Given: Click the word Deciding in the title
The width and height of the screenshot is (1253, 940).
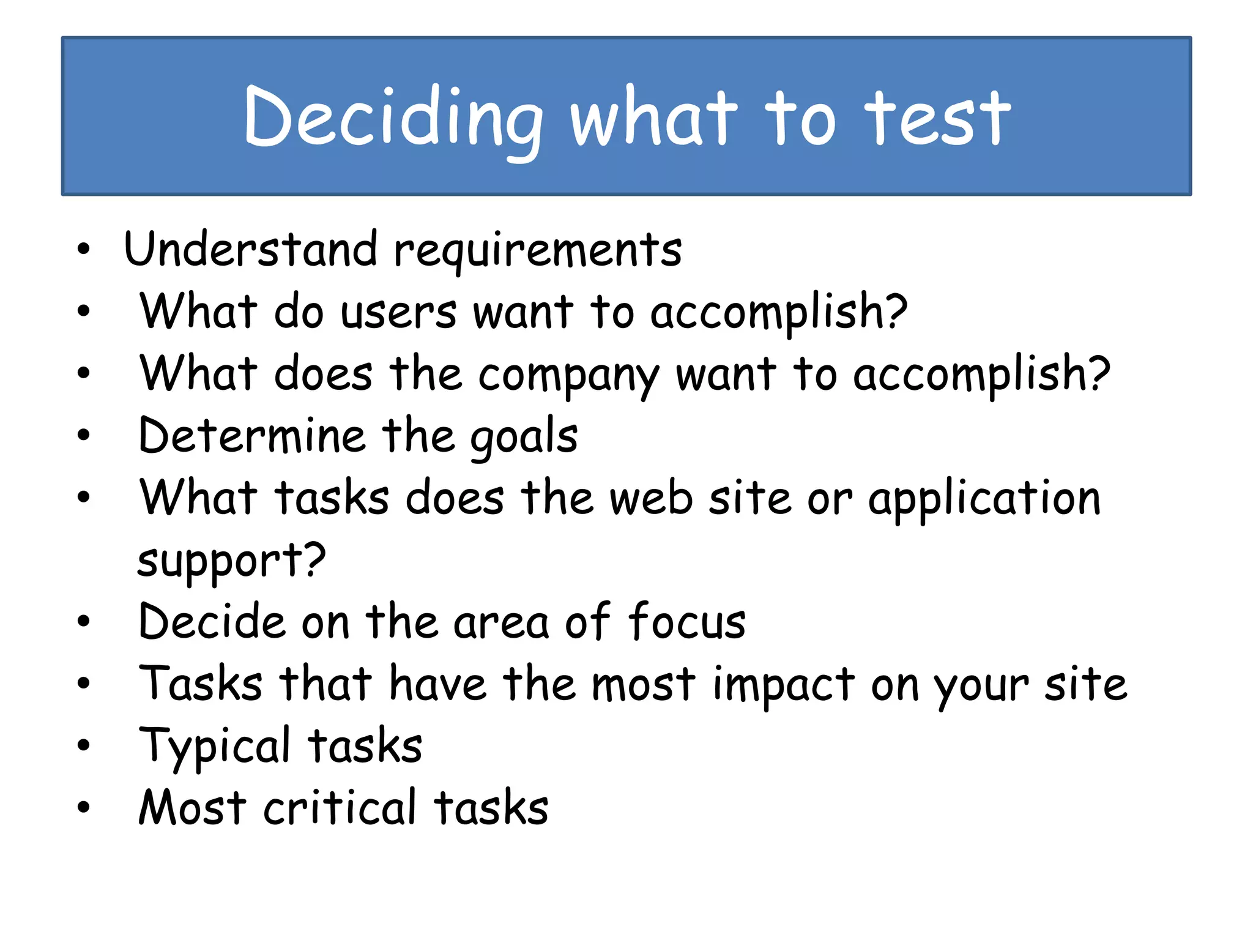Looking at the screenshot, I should coord(393,117).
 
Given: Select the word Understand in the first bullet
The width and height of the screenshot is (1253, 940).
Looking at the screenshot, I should coord(250,250).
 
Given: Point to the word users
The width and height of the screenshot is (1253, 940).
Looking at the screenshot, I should coord(398,312).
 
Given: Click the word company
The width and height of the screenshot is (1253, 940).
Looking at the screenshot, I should coord(568,375).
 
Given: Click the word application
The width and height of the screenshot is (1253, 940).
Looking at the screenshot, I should coord(984,499).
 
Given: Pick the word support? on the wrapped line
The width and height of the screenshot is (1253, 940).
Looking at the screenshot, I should coord(231,561).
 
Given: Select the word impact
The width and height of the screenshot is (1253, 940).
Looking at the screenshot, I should coord(784,684).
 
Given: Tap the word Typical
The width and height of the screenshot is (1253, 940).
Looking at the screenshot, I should coord(214,747).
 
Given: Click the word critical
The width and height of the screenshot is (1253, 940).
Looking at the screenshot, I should coord(340,808).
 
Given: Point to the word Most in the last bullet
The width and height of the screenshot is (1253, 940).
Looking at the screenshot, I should coord(192,808).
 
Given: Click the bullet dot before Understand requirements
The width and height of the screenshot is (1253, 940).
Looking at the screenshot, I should coord(84,249).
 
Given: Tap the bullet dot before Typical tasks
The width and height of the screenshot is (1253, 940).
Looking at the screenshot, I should coord(84,745).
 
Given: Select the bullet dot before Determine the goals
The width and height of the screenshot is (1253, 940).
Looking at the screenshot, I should coord(84,435).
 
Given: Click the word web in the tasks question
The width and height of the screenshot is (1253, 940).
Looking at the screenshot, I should coord(651,498).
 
